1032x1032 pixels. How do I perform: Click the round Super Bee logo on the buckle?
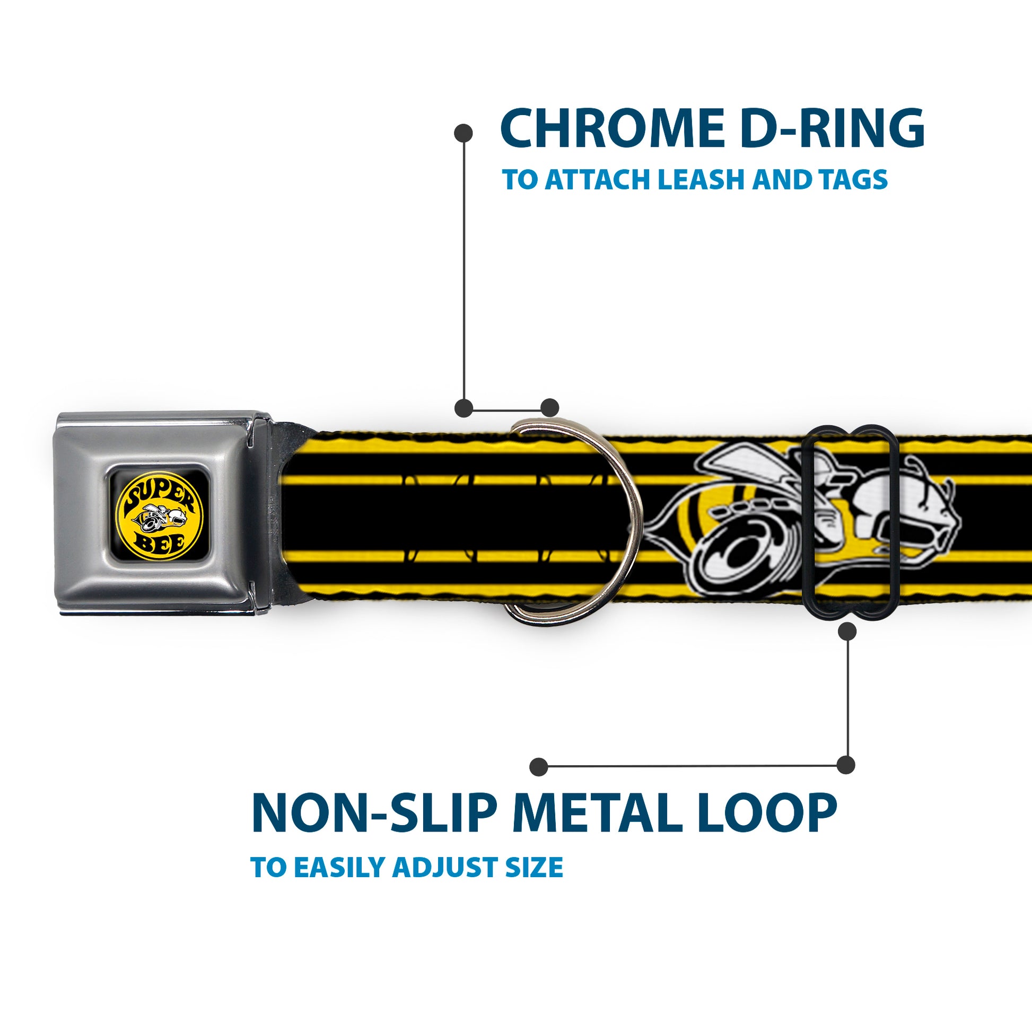coord(160,515)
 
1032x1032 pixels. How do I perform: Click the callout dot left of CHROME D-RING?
coord(463,133)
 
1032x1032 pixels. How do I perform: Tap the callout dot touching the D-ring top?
coord(549,408)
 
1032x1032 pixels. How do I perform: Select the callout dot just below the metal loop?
coord(847,632)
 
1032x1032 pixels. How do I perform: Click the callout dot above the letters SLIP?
coord(539,766)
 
